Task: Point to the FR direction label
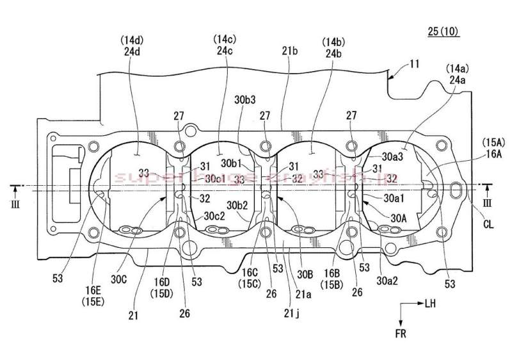[x=400, y=333]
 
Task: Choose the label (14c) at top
[x=225, y=40]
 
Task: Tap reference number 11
[x=415, y=65]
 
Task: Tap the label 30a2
[x=388, y=279]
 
